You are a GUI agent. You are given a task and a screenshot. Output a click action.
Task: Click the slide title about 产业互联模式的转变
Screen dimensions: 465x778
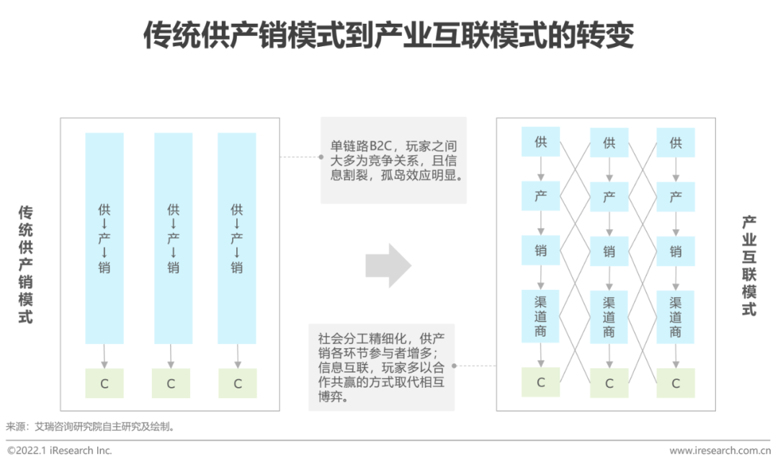[388, 35]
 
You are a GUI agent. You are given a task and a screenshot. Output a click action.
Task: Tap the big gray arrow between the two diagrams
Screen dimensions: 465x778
[388, 265]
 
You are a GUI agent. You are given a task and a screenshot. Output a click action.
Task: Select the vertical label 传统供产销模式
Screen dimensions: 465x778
[26, 265]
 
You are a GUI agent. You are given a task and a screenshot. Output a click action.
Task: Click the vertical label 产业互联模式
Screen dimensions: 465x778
[749, 267]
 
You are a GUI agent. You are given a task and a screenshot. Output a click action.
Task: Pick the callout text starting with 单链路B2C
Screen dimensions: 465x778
[393, 160]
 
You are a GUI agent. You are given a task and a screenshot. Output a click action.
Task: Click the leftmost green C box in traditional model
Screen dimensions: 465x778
[104, 384]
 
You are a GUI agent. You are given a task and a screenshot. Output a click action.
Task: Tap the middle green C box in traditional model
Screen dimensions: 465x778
[171, 384]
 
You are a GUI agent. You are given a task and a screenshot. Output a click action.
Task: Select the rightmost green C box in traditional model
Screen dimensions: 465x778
[237, 384]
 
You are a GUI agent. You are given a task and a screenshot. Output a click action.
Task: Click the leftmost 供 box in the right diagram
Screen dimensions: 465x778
[541, 142]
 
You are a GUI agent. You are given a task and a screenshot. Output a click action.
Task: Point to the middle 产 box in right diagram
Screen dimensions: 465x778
[609, 197]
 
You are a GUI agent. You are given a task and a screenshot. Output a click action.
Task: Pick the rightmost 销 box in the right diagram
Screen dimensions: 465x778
[676, 252]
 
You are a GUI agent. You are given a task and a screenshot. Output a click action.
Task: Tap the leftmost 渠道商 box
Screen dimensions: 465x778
[541, 316]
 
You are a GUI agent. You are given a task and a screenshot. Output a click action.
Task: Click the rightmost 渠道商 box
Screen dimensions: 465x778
[676, 316]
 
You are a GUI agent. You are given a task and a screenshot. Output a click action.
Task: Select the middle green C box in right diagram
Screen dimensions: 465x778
[609, 384]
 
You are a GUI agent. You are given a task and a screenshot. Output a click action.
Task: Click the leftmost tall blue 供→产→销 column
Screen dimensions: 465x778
[104, 238]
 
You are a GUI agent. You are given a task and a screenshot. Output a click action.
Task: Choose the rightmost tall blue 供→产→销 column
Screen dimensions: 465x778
[237, 238]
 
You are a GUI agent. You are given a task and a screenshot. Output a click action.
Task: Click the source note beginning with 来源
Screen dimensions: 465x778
[91, 427]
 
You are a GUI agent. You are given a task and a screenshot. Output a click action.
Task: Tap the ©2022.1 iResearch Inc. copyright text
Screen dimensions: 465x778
[60, 451]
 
